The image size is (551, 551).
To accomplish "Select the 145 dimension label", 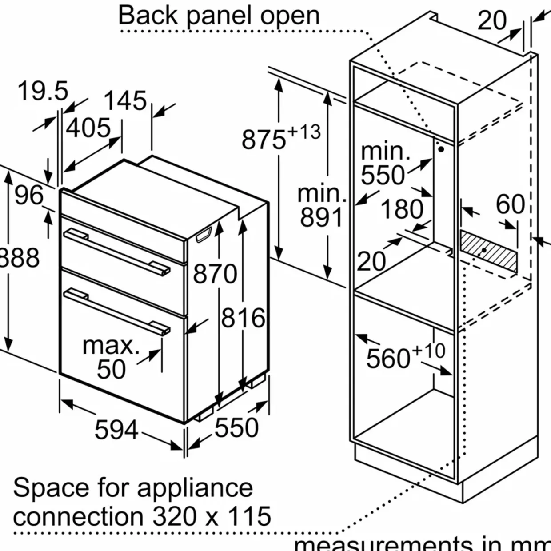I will (125, 101).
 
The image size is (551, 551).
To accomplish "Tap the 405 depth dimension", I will (88, 128).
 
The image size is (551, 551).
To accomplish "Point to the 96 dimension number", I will (29, 195).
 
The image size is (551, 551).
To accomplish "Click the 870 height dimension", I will (215, 274).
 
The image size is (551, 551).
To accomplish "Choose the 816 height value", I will (243, 318).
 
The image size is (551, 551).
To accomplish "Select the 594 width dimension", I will (116, 430).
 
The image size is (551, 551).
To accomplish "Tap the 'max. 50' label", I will (111, 357).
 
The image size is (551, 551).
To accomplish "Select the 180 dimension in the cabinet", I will (402, 209).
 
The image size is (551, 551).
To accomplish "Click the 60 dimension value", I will (510, 204).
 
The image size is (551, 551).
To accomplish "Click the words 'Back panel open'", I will (219, 16).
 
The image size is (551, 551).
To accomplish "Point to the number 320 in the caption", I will (174, 517).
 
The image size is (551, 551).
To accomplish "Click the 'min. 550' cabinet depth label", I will (385, 163).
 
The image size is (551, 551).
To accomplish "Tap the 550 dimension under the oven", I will (236, 428).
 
